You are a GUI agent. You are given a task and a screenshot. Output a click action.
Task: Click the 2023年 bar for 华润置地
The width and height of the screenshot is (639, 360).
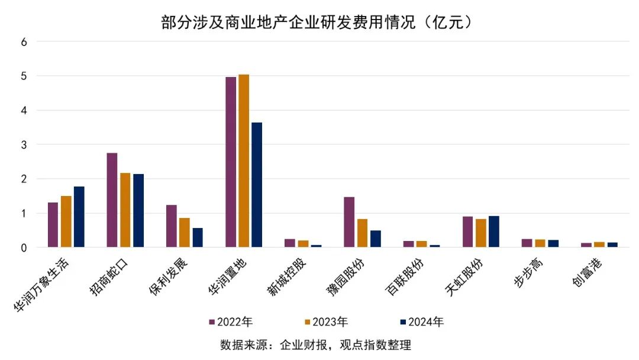(x=244, y=161)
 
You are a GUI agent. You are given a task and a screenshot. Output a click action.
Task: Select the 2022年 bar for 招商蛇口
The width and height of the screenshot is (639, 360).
(x=112, y=200)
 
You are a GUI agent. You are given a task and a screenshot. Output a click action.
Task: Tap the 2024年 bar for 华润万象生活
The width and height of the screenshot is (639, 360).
(x=79, y=217)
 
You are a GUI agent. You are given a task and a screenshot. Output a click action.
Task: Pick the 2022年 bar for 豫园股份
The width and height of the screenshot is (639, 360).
(x=349, y=222)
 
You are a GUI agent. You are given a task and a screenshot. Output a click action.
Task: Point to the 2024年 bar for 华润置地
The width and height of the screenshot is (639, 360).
(x=257, y=185)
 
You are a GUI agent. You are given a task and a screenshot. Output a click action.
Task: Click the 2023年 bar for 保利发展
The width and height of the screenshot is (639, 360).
(x=185, y=233)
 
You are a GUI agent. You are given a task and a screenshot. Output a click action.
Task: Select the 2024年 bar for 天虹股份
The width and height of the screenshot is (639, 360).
(x=494, y=232)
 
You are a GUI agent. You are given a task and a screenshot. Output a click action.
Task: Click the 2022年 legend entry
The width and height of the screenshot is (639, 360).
(x=231, y=322)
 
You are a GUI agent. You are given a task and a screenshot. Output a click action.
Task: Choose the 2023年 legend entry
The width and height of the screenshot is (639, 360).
(x=326, y=322)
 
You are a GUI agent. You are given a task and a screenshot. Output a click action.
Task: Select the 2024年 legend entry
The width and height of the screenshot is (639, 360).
(x=421, y=322)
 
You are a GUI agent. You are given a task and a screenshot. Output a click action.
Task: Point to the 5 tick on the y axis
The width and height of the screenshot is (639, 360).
(x=24, y=76)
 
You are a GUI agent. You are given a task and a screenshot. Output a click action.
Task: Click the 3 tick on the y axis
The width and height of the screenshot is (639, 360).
(x=24, y=144)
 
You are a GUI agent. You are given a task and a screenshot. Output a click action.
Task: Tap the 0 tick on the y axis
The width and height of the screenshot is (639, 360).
(x=24, y=247)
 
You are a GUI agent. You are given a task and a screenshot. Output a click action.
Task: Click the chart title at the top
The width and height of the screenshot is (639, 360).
(x=319, y=22)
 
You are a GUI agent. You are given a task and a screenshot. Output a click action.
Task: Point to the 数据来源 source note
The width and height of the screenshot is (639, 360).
(x=315, y=345)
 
